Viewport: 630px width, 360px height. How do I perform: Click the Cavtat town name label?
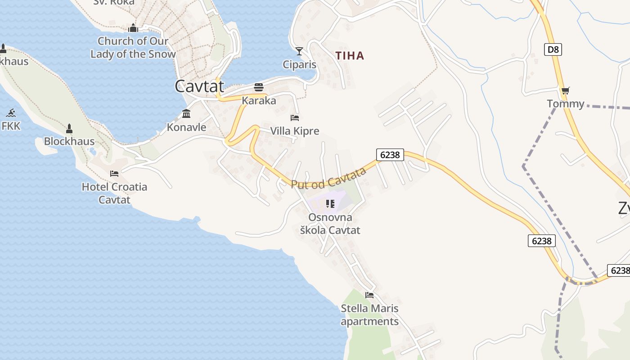199,86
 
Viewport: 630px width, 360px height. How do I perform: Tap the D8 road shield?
553,49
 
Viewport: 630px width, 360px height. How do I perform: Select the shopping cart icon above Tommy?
566,90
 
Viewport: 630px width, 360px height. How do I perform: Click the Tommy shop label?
566,104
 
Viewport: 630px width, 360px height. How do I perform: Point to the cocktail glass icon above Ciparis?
299,51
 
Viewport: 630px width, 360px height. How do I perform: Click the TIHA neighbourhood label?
350,56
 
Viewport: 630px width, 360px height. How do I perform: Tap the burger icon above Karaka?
259,87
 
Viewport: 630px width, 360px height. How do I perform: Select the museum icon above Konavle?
186,113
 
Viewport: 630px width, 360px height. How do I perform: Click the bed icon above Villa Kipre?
295,117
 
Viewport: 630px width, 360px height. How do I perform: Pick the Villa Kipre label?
295,131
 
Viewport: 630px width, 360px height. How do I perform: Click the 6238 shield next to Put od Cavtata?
390,155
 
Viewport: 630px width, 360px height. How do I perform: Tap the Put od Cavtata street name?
328,178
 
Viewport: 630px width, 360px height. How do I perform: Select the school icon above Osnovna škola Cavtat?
330,204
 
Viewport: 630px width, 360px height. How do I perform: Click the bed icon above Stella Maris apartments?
369,295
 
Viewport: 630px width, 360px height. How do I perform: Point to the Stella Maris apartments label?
369,315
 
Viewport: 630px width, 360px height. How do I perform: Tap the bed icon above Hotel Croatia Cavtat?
114,173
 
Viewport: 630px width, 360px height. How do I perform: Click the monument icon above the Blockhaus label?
69,129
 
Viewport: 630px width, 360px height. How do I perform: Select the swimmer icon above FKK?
11,113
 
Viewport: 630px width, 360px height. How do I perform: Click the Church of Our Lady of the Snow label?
133,47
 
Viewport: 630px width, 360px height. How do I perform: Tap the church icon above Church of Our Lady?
133,28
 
